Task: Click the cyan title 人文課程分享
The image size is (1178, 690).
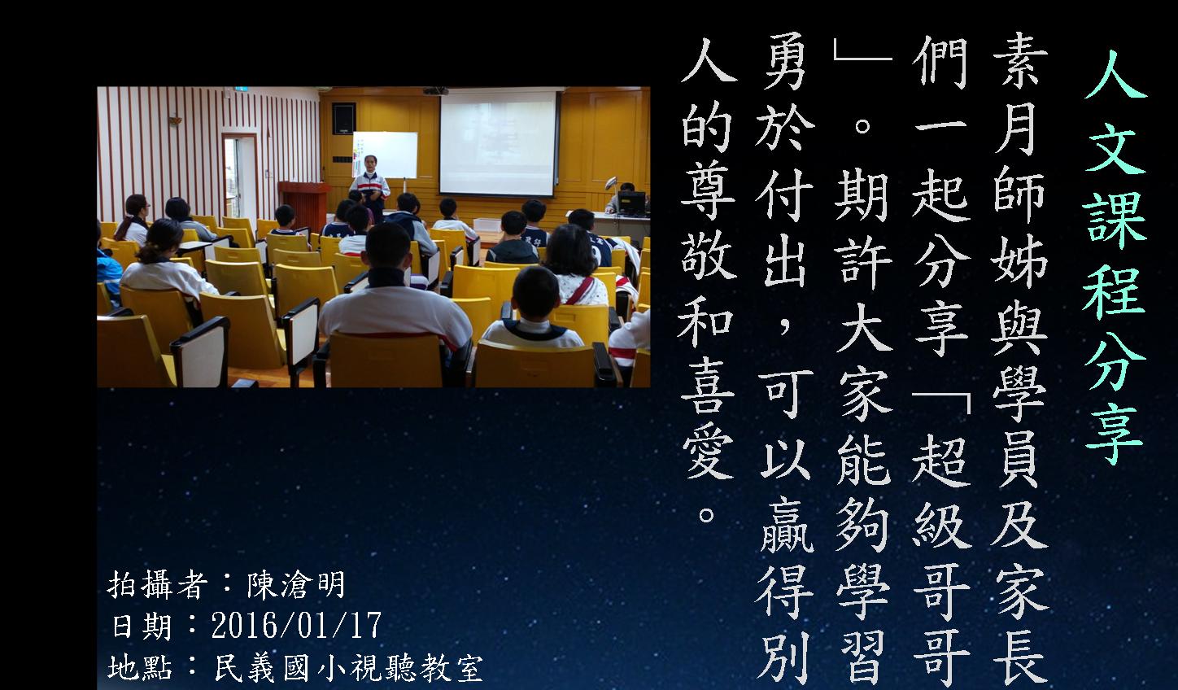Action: [1114, 258]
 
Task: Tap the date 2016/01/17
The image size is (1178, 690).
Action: [297, 626]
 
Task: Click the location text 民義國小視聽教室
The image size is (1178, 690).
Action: [349, 668]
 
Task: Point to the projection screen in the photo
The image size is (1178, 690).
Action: [498, 143]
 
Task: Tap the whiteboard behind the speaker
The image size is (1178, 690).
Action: [385, 155]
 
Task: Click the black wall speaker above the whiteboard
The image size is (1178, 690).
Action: [344, 118]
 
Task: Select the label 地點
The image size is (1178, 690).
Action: [140, 668]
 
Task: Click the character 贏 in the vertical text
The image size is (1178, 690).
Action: [786, 526]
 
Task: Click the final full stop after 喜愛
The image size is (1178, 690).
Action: [706, 515]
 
